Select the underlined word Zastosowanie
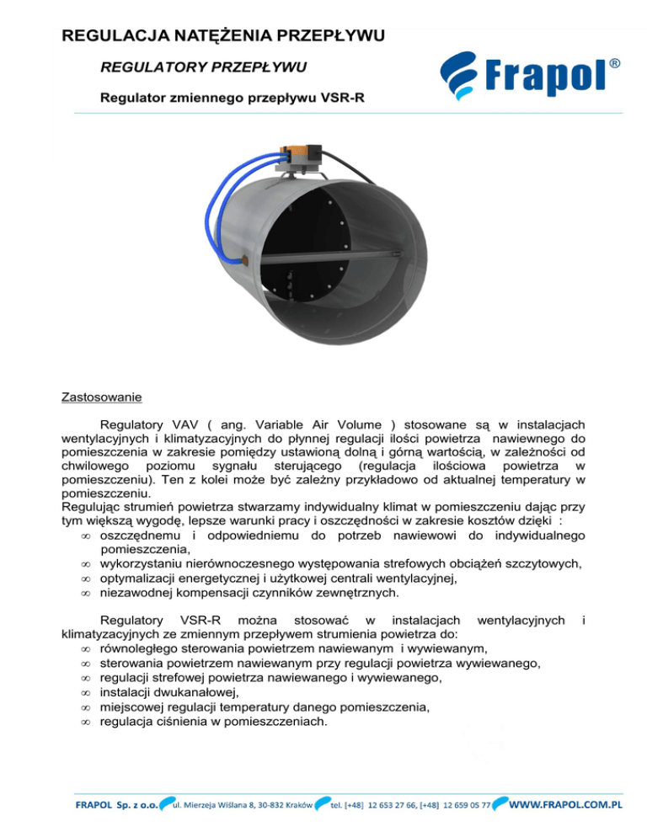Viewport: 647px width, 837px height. (x=102, y=395)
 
